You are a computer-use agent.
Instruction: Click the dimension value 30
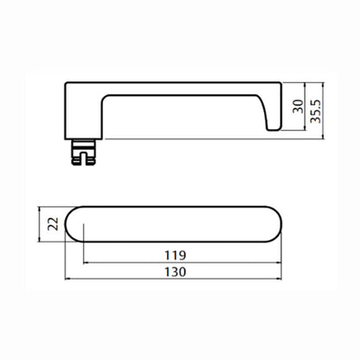pos(299,106)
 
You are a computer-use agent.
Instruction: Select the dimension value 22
pos(53,224)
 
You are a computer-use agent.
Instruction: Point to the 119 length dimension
pos(175,255)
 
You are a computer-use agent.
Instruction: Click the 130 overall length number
pos(175,272)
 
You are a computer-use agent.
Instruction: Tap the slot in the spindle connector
pos(83,159)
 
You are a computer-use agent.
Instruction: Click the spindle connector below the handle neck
pos(83,152)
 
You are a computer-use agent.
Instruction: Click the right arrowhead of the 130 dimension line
pos(279,279)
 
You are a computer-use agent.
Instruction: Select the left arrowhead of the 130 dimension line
pos(67,279)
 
